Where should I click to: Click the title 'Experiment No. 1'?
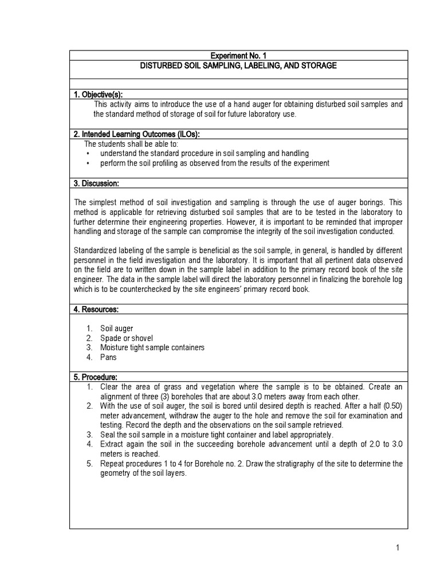(x=238, y=56)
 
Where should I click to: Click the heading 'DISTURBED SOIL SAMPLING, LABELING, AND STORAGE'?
(x=238, y=66)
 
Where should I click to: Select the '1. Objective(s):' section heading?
(x=99, y=94)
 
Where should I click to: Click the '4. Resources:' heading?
(x=96, y=309)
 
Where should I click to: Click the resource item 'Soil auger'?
(x=117, y=328)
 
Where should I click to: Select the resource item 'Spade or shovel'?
(x=127, y=338)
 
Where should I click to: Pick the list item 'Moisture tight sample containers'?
(x=152, y=347)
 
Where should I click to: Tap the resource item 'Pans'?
(x=108, y=357)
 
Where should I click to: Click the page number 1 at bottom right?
(x=397, y=548)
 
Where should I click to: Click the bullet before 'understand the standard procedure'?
(x=87, y=154)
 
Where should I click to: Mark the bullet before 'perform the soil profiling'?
(x=87, y=163)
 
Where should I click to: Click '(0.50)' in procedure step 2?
(x=391, y=405)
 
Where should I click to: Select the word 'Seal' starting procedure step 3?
(x=108, y=434)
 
